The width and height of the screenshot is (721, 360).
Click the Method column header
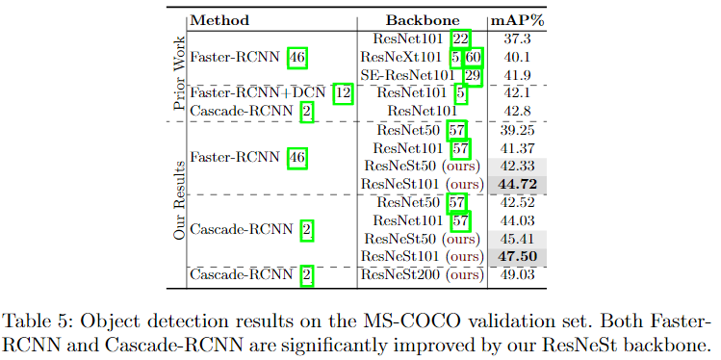click(x=219, y=19)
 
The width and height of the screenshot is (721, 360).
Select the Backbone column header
click(x=423, y=19)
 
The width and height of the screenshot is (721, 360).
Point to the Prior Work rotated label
click(x=178, y=67)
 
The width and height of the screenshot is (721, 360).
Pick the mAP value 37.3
click(x=521, y=38)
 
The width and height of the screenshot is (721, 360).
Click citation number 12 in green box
click(x=343, y=93)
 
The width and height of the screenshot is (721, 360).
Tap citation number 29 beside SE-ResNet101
click(x=472, y=74)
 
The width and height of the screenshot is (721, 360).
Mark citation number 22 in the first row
click(x=461, y=38)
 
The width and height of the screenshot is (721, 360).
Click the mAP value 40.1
click(x=521, y=56)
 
